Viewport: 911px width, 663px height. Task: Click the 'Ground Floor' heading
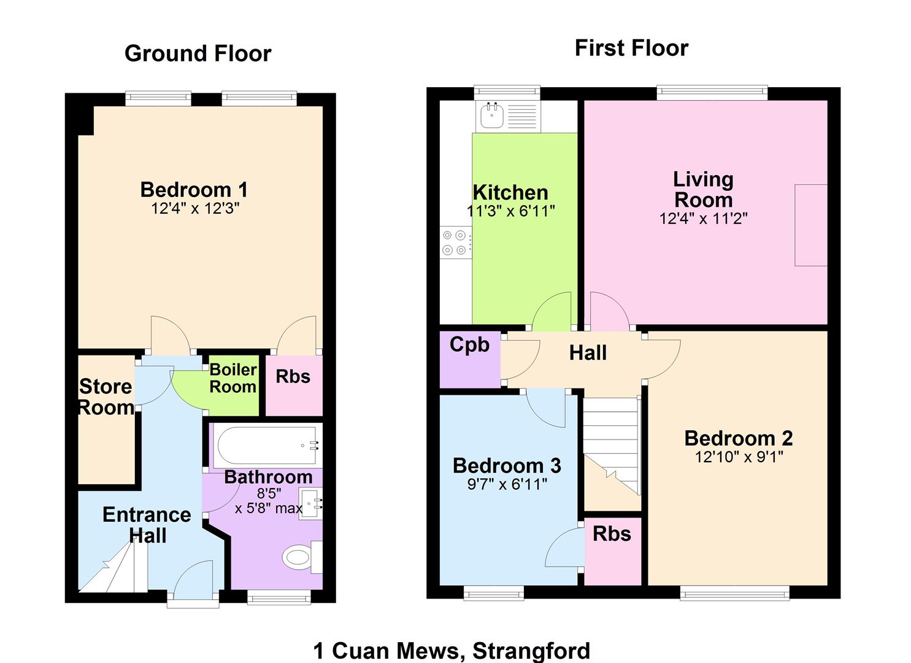click(x=198, y=53)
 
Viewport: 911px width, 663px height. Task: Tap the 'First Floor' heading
click(x=631, y=48)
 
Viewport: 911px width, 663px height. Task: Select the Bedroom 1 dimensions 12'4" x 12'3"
click(x=195, y=208)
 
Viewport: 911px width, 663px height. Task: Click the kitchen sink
click(x=492, y=115)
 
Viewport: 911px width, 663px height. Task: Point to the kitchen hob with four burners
click(x=455, y=242)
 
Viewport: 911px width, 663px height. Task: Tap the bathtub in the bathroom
click(x=267, y=445)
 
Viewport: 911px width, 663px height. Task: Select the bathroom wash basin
click(x=310, y=504)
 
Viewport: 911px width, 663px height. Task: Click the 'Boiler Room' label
click(x=233, y=378)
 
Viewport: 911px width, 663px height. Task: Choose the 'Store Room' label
click(x=106, y=397)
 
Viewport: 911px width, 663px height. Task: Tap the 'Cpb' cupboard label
click(x=469, y=345)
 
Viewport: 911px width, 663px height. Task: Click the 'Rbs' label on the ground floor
click(x=293, y=376)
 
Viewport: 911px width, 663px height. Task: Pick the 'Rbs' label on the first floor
click(x=612, y=533)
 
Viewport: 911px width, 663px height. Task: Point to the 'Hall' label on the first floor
click(x=588, y=353)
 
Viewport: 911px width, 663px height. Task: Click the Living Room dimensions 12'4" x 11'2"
click(x=703, y=219)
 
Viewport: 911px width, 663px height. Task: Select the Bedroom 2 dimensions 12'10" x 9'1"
click(x=739, y=457)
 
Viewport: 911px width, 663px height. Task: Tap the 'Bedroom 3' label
click(x=507, y=465)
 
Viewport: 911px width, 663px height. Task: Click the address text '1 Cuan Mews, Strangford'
click(x=452, y=650)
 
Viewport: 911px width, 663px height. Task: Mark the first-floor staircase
click(x=612, y=446)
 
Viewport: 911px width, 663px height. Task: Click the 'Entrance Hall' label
click(x=147, y=525)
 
